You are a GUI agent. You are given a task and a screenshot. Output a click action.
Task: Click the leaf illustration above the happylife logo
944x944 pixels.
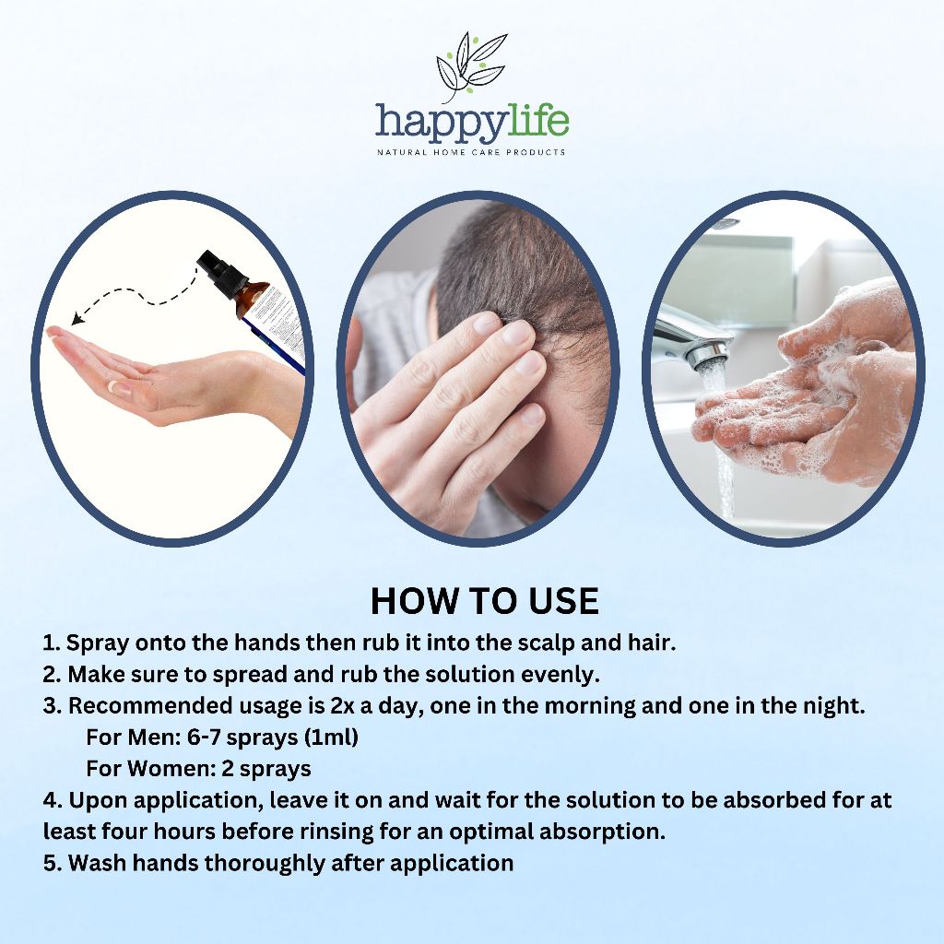tap(471, 66)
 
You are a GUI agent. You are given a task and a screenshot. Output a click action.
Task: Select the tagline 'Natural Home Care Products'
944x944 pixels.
tap(471, 152)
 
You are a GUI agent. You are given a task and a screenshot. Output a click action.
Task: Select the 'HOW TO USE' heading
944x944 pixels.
tap(485, 601)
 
